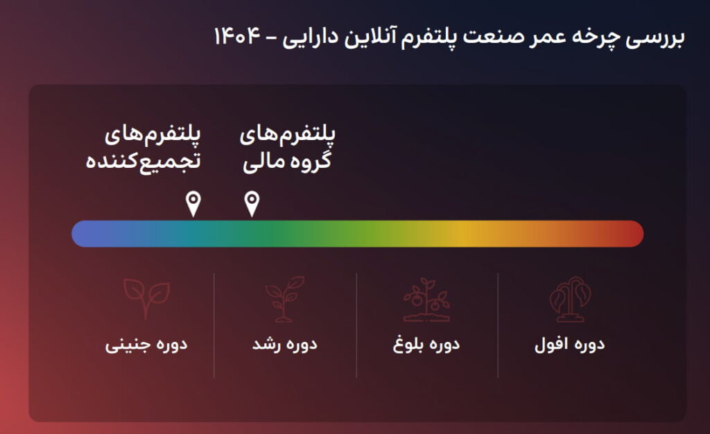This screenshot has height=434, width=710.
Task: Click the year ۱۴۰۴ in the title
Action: point(237,36)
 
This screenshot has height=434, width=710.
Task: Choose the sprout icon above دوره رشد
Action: point(284,299)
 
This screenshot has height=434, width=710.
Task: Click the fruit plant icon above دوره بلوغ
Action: point(426,299)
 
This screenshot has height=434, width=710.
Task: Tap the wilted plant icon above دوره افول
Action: point(570,299)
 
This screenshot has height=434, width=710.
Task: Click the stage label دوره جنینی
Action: point(146,345)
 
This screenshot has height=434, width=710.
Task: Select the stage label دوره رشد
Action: point(285,345)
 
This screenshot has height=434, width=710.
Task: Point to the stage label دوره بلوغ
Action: point(426,345)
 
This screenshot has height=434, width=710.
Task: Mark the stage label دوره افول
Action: point(570,345)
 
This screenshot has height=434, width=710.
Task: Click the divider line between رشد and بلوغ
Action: point(356,325)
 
